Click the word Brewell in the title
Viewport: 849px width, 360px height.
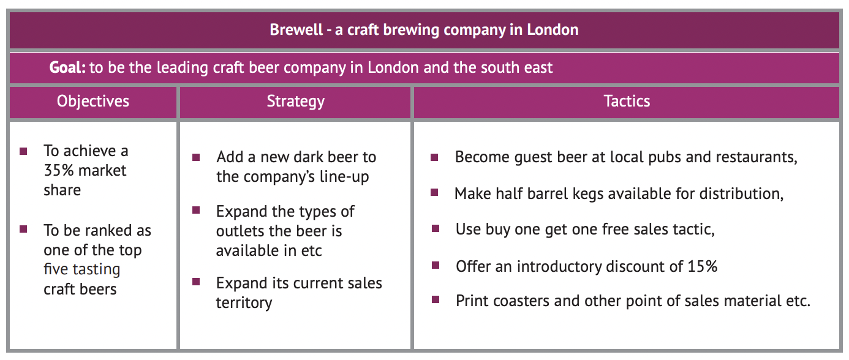tap(296, 29)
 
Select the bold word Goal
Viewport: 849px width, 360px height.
tap(67, 67)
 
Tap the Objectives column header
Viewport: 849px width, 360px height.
tap(93, 102)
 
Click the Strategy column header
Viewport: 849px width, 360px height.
tap(296, 102)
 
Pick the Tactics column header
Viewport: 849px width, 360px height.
tap(627, 101)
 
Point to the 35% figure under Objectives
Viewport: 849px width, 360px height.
tap(59, 171)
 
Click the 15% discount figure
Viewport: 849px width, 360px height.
tap(703, 266)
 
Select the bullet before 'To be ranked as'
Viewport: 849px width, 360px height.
tap(23, 229)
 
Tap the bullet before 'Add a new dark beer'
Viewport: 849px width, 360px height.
tap(196, 157)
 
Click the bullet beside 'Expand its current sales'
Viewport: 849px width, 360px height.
tap(196, 282)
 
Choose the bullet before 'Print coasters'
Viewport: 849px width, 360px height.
tap(436, 300)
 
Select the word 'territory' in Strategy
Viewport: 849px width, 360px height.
tap(244, 303)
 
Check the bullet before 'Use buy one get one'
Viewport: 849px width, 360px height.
tap(436, 228)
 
